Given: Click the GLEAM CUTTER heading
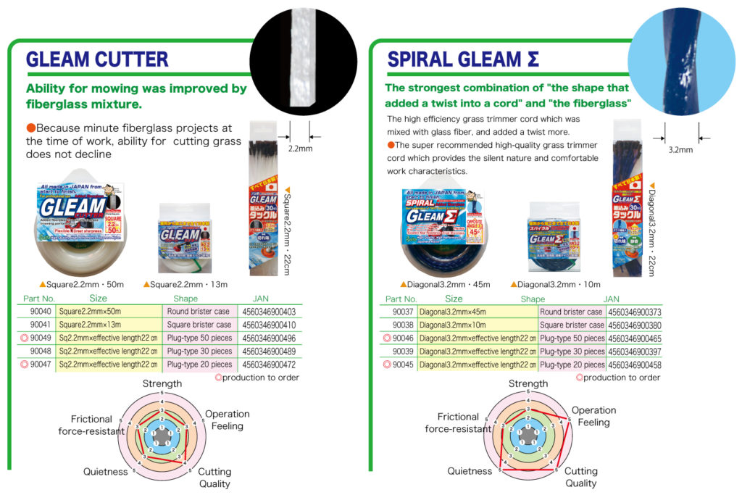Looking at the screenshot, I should tap(97, 59).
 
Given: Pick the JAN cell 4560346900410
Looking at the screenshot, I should tap(269, 325).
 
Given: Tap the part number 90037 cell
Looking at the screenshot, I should tap(404, 312).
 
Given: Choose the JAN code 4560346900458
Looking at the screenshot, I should tap(635, 365).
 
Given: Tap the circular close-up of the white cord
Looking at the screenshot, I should tap(303, 55).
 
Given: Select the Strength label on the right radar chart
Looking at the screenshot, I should tap(528, 383).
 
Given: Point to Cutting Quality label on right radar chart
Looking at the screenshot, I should tap(580, 477).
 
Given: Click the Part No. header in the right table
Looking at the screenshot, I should tap(401, 299).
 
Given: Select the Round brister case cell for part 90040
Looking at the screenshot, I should tap(199, 312).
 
